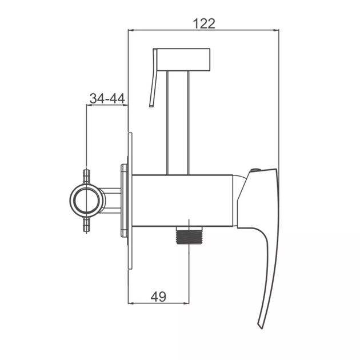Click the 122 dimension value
point(204,23)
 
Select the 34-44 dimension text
point(107,98)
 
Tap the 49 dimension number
point(158,297)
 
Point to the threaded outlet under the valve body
point(189,235)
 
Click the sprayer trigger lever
point(153,78)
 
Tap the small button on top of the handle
point(255,170)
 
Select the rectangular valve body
point(182,201)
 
